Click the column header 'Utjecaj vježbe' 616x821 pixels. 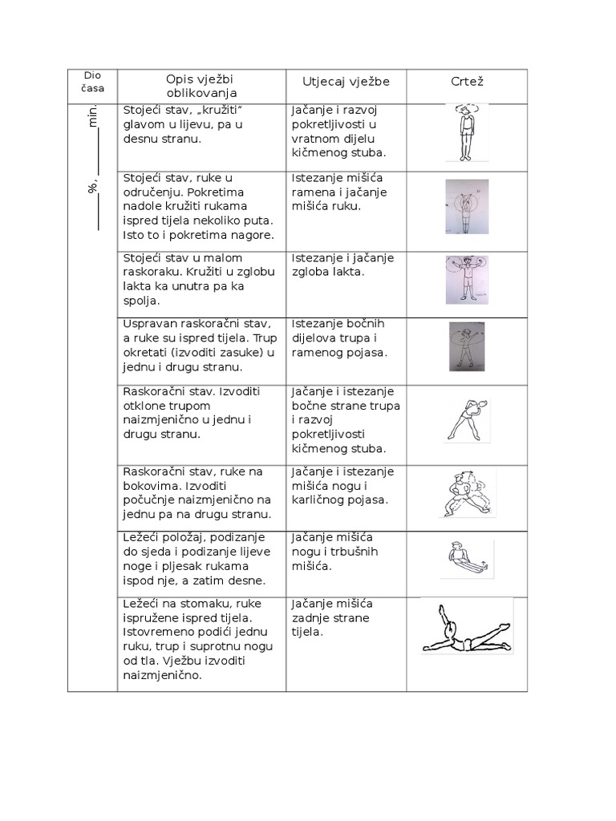click(346, 83)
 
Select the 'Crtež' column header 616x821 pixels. click(467, 83)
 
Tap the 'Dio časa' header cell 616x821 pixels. click(93, 82)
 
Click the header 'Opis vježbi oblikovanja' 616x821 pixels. click(201, 86)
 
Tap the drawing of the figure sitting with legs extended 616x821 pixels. click(465, 559)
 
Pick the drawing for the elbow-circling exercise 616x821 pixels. click(466, 279)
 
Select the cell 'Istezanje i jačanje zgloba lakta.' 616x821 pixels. click(342, 265)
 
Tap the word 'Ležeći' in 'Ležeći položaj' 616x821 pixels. click(142, 537)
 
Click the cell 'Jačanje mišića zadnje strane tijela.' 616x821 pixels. click(333, 617)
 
